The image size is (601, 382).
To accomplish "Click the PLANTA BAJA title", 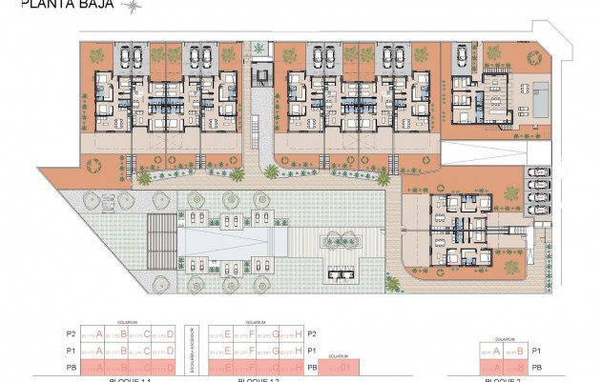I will pyautogui.click(x=57, y=5).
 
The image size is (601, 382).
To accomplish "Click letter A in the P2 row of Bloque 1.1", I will pyautogui.click(x=99, y=334).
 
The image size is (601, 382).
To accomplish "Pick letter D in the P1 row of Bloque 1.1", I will pyautogui.click(x=170, y=352).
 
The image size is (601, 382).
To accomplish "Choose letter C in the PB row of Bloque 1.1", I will pyautogui.click(x=147, y=368).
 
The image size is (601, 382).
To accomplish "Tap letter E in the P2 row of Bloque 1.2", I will pyautogui.click(x=230, y=334).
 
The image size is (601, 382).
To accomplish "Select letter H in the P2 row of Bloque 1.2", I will pyautogui.click(x=300, y=334).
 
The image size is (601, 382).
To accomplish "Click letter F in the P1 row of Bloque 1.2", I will pyautogui.click(x=254, y=352).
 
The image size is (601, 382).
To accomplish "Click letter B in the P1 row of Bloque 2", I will pyautogui.click(x=520, y=352).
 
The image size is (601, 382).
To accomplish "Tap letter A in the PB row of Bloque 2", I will pyautogui.click(x=496, y=368).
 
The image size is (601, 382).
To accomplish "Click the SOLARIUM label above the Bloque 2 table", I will pyautogui.click(x=506, y=340).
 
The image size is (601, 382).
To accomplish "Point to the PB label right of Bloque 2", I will pyautogui.click(x=538, y=368).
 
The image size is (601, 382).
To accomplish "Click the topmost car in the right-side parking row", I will pyautogui.click(x=539, y=173).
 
